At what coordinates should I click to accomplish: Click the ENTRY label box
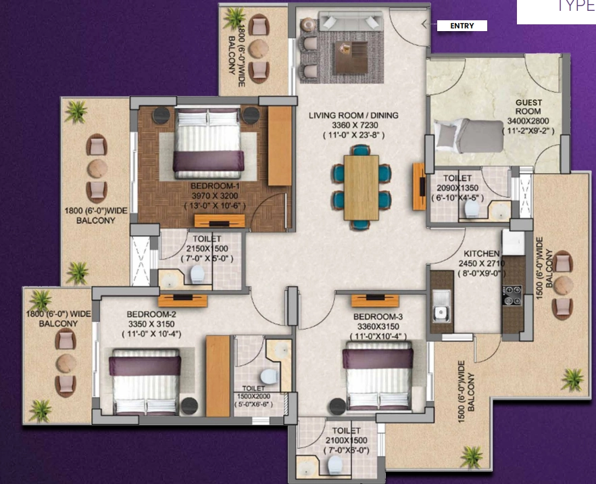(x=462, y=26)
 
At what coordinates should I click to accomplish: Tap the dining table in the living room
(x=361, y=187)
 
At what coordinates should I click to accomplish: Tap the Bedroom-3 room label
(x=374, y=316)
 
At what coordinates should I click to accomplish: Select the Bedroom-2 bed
(x=145, y=382)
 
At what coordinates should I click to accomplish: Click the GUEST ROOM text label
(x=528, y=107)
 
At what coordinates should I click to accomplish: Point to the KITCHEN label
(x=482, y=253)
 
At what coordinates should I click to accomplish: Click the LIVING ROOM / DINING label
(x=353, y=115)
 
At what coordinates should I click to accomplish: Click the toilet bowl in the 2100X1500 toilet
(x=333, y=464)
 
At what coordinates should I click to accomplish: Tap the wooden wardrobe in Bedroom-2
(x=218, y=375)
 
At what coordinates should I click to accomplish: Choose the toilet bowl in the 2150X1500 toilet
(x=197, y=274)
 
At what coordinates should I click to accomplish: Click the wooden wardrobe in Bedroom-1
(x=278, y=145)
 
